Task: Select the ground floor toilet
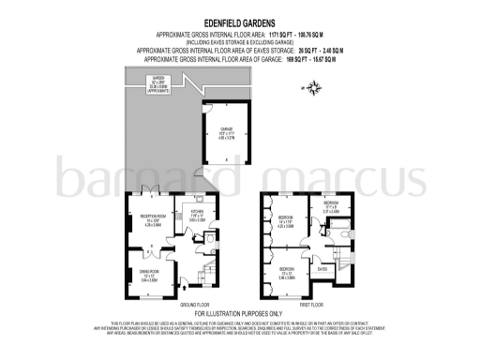[x=208, y=238]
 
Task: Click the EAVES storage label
[x=321, y=268]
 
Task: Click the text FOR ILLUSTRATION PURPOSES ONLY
[x=239, y=314]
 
